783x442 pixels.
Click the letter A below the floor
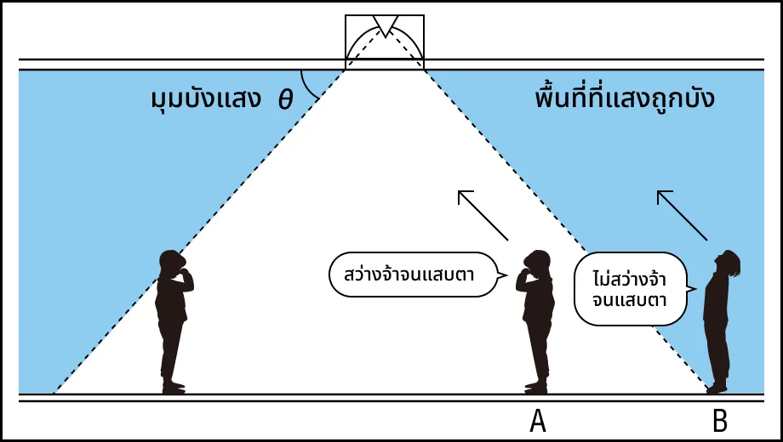[x=538, y=421]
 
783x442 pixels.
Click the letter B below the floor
[x=719, y=421]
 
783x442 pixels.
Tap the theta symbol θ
[x=285, y=99]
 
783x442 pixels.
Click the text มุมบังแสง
[x=206, y=99]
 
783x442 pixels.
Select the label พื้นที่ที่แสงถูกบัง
[x=624, y=97]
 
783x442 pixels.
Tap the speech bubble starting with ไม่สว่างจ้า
[x=634, y=289]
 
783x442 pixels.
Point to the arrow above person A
[x=483, y=215]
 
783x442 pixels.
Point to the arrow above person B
[x=682, y=215]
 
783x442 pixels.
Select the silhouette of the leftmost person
[x=173, y=322]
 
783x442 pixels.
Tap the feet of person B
[x=717, y=388]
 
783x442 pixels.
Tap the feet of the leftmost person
[x=174, y=388]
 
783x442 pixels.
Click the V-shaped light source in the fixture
[x=386, y=25]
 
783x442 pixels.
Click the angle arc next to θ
[x=308, y=86]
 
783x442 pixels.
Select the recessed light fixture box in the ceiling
[x=385, y=42]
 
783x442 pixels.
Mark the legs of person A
[x=538, y=354]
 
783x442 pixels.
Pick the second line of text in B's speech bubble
[x=629, y=300]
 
